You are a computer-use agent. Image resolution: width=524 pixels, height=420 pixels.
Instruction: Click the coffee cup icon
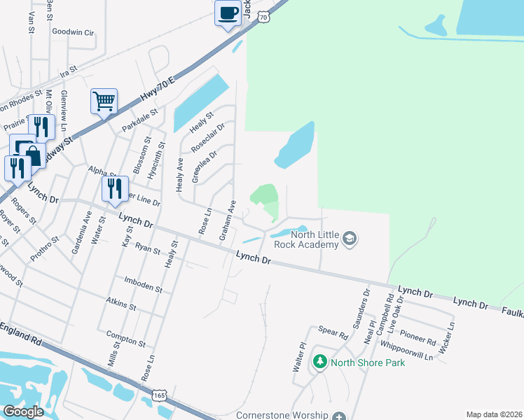coord(228,13)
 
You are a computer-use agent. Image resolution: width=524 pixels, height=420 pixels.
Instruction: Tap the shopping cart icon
coord(104,101)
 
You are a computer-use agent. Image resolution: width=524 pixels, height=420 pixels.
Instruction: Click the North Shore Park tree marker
coord(320,362)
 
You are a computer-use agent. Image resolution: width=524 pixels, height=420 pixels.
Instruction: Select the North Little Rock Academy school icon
coord(349,240)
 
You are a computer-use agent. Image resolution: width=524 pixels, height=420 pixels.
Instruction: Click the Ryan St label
coord(148,248)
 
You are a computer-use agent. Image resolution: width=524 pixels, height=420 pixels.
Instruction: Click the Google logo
coord(23,412)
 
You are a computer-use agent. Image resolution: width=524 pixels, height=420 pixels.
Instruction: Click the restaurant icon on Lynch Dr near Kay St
coord(115,189)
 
